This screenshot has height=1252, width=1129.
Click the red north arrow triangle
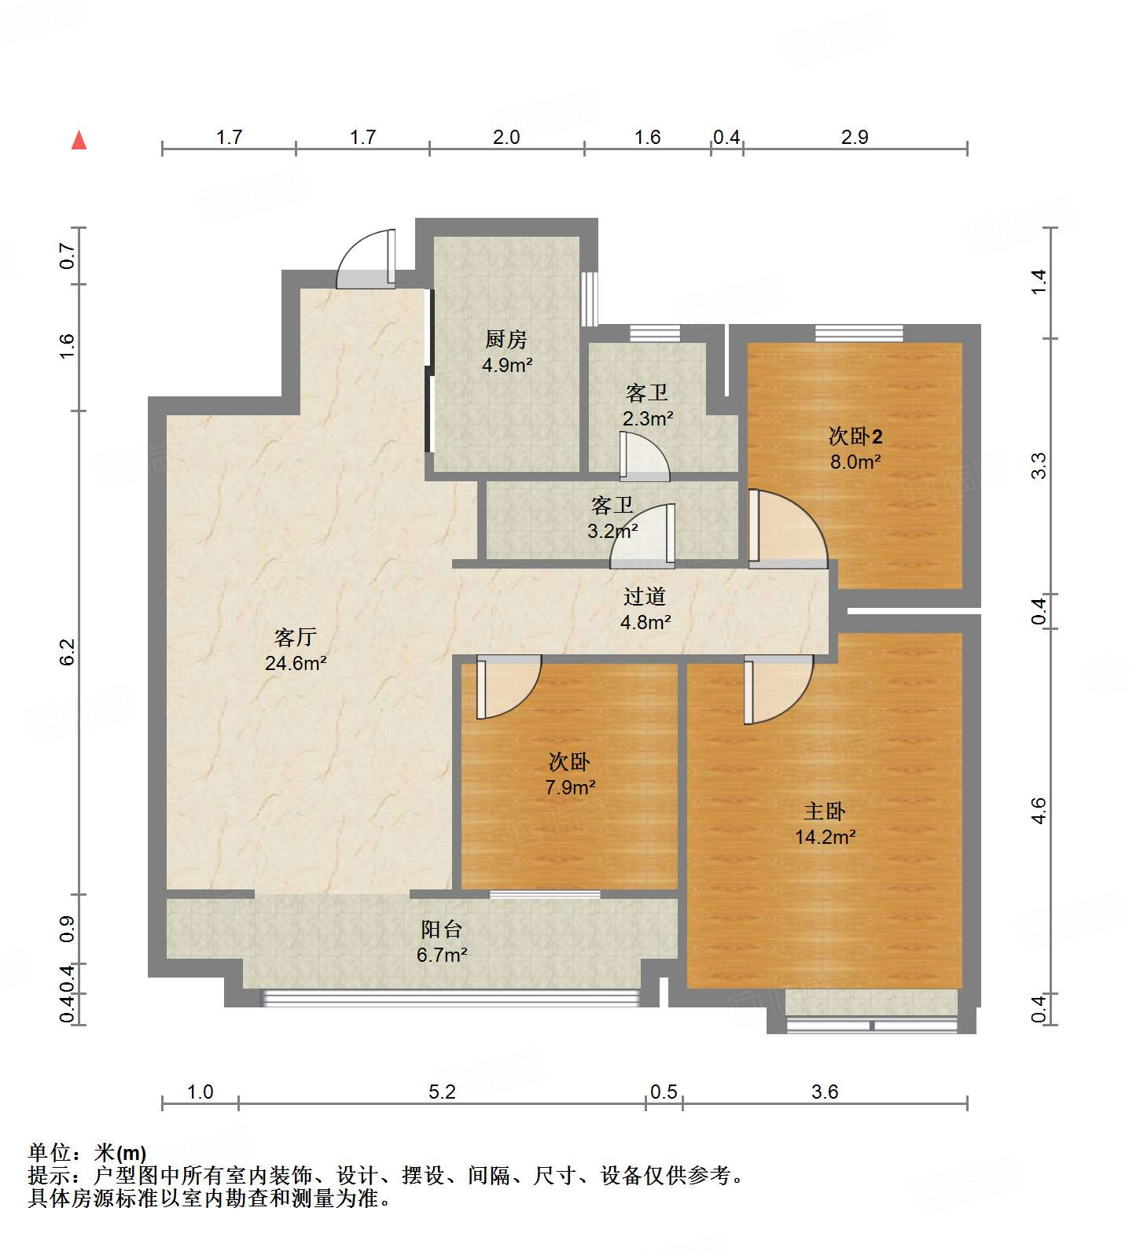pos(79,141)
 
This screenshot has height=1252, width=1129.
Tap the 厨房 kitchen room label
pos(506,340)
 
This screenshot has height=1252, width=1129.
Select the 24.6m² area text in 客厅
pos(295,663)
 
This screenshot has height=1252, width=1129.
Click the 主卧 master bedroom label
pos(824,811)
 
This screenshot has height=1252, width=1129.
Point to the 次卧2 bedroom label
pos(855,436)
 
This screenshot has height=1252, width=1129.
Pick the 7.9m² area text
pos(570,787)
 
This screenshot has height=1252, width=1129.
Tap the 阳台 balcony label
pos(441,930)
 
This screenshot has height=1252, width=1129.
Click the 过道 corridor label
pos(645,597)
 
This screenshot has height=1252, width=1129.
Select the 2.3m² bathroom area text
pos(647,418)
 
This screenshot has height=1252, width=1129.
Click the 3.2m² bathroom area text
pos(612,531)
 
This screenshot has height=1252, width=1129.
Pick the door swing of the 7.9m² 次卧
pos(507,686)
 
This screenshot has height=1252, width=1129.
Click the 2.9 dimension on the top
pos(855,138)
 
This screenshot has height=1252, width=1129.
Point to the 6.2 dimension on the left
pos(68,652)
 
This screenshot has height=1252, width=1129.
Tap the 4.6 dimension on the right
pos(1039,811)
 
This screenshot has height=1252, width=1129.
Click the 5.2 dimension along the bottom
pos(442,1092)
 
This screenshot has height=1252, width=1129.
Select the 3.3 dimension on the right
pos(1039,466)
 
